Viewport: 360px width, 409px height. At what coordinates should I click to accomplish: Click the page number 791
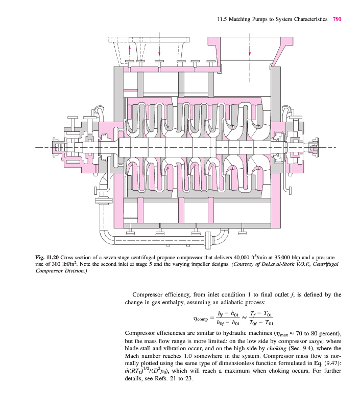pos(337,19)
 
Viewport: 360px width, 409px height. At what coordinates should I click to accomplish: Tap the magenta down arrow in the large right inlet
pos(250,51)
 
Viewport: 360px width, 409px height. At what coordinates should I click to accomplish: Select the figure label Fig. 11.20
pos(47,258)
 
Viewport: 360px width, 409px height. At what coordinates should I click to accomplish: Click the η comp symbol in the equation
pos(201,319)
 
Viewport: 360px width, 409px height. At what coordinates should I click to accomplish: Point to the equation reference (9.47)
pos(331,363)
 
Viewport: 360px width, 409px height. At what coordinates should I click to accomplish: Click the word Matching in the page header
pos(239,19)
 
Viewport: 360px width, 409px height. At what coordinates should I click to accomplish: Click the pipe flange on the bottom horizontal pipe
pos(208,240)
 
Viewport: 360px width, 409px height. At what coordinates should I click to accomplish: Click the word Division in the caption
pos(75,271)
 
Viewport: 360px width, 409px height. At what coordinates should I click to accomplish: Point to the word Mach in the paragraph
pos(132,356)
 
